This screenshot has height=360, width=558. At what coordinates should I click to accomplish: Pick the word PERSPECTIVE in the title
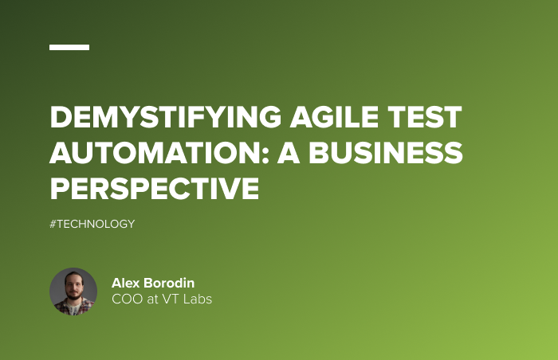click(x=155, y=188)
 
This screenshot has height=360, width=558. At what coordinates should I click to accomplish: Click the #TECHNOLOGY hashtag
click(x=92, y=224)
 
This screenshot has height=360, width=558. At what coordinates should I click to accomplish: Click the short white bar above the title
click(x=69, y=47)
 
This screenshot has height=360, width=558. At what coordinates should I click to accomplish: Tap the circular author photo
click(x=73, y=292)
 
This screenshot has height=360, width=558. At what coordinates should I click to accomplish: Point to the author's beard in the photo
click(x=73, y=301)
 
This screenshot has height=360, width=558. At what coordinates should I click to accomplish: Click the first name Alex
click(x=126, y=284)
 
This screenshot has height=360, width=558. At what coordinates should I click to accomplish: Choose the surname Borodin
click(x=171, y=284)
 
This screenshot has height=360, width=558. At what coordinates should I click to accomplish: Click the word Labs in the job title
click(x=198, y=299)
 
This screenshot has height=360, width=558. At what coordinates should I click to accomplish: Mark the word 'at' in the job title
click(x=152, y=299)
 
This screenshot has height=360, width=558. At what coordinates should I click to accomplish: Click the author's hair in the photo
click(x=73, y=276)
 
